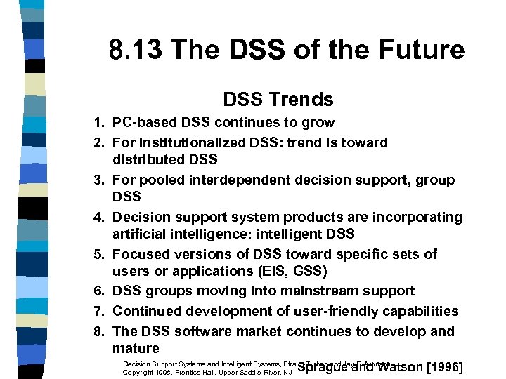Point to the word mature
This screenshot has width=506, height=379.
coord(136,348)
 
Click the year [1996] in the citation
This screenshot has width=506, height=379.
coord(445,367)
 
